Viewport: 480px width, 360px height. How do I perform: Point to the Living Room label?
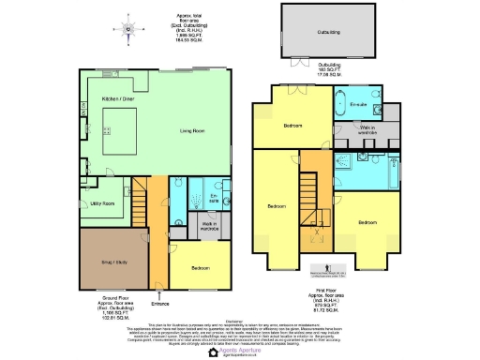click(193, 131)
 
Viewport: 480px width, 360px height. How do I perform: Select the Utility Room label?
click(104, 202)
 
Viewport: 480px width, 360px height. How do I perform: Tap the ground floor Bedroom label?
click(201, 267)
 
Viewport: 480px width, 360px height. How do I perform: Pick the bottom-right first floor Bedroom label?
click(367, 222)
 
